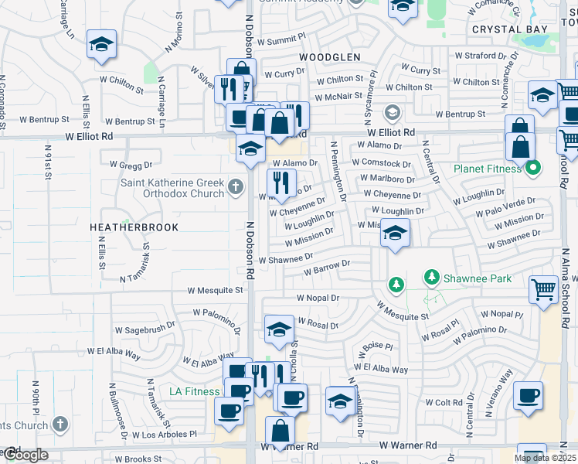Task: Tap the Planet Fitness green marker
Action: (x=533, y=167)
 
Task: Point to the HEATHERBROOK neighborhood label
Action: (x=134, y=227)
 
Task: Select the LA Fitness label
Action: (x=195, y=391)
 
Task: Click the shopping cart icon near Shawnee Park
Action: (x=543, y=289)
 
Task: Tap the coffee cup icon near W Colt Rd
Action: (x=529, y=395)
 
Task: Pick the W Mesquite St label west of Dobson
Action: (x=216, y=291)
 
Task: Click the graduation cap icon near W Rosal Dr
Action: (x=279, y=329)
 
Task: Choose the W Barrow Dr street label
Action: (x=327, y=268)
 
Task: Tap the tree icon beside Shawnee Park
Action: (x=396, y=285)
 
